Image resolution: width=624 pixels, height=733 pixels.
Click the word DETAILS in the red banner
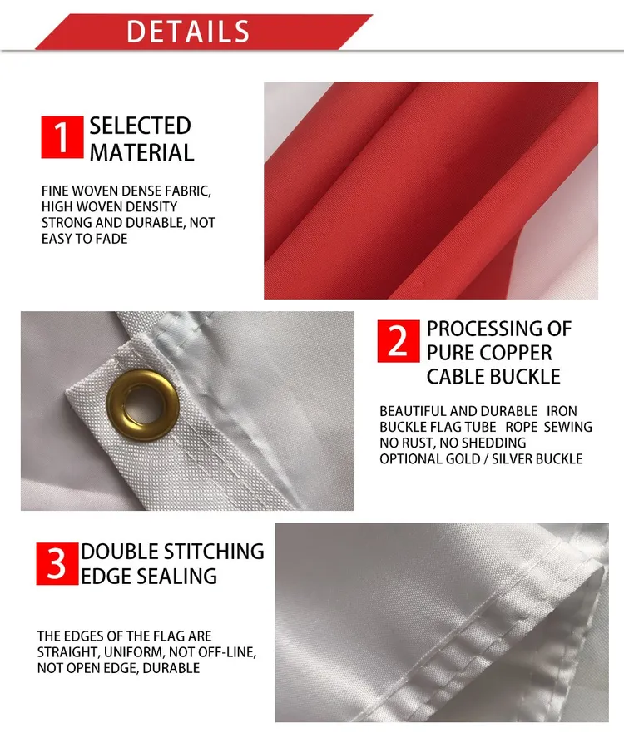coord(188,32)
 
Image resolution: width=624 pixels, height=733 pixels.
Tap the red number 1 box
coord(62,137)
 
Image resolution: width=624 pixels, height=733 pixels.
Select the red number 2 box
coord(399,341)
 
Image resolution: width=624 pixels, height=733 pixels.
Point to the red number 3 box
coord(57,563)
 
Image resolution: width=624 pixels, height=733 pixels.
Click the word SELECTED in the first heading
coord(140,126)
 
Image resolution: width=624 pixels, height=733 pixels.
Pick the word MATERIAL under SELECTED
coord(141,153)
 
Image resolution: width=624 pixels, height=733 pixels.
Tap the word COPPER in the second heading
coord(512,352)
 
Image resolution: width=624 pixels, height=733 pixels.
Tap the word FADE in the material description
coord(112,239)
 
